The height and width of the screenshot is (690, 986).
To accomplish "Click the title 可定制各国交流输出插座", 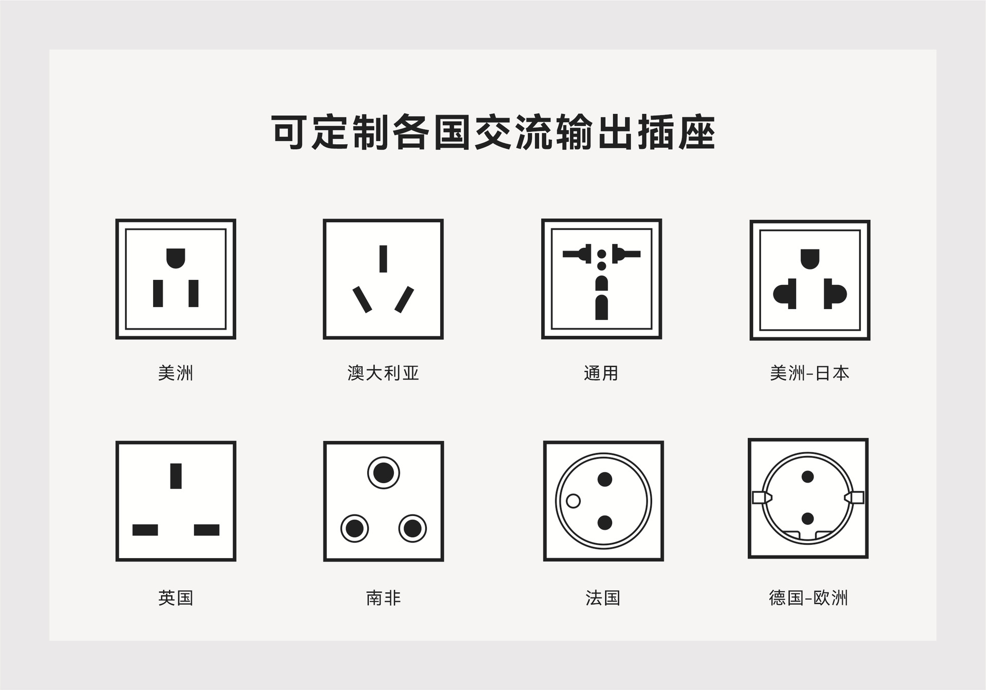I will pos(493,132).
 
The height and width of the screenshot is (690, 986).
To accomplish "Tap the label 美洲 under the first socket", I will pos(176,373).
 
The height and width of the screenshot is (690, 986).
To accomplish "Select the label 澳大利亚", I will pos(383,373).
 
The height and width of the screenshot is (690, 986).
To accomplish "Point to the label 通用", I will pos(601,373).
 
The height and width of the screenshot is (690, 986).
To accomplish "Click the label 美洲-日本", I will pos(809,373).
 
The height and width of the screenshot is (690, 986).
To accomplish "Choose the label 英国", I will pos(176,598).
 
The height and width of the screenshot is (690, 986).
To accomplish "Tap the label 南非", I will pos(383,598).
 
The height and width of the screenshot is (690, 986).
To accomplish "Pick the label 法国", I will pos(603,598).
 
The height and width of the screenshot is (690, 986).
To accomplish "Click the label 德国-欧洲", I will pos(808,598).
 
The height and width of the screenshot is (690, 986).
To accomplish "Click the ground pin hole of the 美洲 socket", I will pos(176,258).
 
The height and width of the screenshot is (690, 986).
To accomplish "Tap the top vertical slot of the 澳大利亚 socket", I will pos(383,259).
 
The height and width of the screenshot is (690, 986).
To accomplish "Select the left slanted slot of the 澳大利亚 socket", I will pos(362,299).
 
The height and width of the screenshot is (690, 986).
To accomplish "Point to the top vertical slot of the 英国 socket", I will pos(176,476).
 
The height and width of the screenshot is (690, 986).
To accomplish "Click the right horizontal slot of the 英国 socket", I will pos(206,530).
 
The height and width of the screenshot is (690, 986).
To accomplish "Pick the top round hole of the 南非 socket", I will pos(383,473).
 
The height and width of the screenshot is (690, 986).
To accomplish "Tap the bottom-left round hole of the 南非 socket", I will pos(354,528).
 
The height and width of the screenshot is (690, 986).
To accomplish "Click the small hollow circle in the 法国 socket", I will pos(573,501).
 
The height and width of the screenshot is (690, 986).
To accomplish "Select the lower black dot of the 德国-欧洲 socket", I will pos(808,519).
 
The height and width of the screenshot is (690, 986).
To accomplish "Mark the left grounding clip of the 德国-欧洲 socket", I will pos(762,497).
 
